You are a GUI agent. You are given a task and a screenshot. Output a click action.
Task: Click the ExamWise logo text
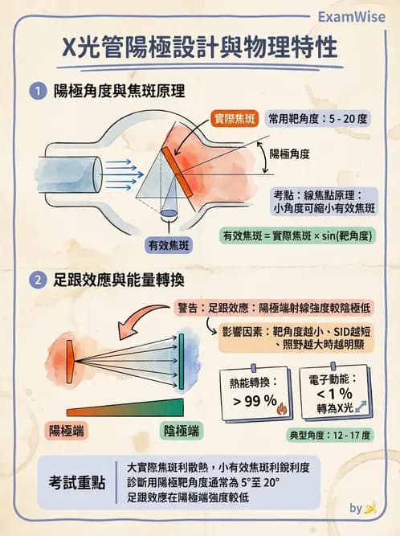[352, 16]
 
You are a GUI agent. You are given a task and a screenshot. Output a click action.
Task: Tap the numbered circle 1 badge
[36, 92]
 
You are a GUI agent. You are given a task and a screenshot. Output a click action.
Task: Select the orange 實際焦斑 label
[235, 118]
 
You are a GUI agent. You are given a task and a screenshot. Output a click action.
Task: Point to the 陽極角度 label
[290, 153]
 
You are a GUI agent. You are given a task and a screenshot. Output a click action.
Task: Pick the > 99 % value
[255, 399]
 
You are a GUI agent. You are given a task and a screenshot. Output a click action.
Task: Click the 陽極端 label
[67, 431]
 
